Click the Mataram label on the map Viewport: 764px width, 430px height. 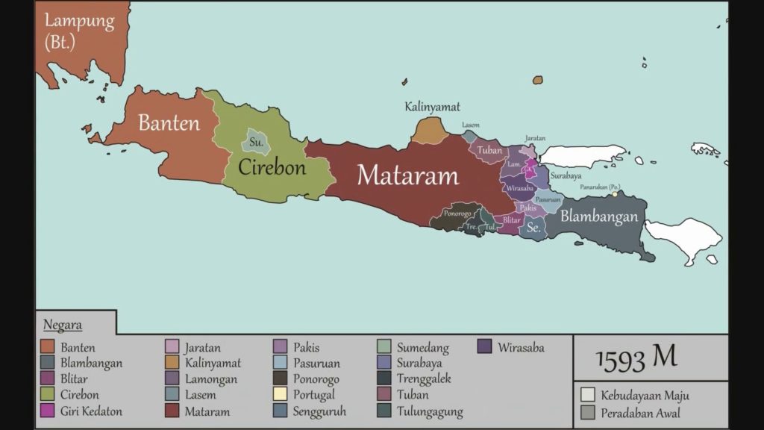coord(407,175)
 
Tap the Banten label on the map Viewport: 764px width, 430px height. coord(169,122)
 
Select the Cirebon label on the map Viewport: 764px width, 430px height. coord(272,167)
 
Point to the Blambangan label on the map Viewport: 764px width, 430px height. coord(599,216)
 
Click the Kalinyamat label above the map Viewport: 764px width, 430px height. coord(432,107)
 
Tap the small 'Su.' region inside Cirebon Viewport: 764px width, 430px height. coord(256,141)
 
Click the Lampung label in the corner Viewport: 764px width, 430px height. coord(79,21)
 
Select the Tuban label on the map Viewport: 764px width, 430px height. coord(489,150)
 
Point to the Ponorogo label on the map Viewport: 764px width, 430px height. coord(457,213)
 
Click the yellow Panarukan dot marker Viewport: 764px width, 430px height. coord(616,194)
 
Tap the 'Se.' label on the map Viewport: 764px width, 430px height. coord(533,228)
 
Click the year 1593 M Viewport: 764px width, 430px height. coord(636,358)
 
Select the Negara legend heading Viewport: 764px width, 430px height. coord(63,325)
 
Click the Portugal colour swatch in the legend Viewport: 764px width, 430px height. coord(281,395)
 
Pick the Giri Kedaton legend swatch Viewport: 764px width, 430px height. coord(47,411)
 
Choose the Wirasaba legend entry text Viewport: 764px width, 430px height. coord(521,347)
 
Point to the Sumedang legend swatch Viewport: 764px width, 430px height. coord(383,347)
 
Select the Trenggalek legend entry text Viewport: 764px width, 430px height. coord(424,379)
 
